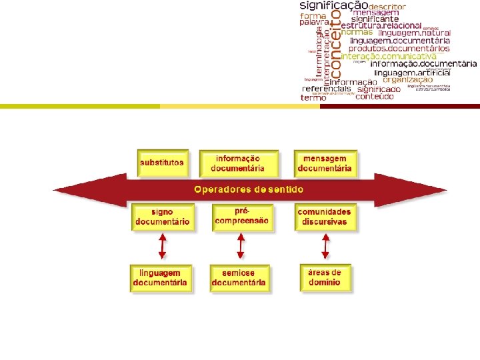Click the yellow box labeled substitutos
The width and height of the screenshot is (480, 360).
(x=162, y=163)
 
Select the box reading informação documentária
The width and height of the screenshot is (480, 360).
(x=238, y=163)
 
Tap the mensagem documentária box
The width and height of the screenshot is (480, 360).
(x=325, y=163)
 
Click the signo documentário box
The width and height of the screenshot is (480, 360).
(x=162, y=217)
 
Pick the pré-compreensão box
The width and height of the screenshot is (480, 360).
(x=242, y=216)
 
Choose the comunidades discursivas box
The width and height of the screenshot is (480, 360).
(x=325, y=217)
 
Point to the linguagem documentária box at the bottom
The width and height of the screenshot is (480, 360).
(x=160, y=279)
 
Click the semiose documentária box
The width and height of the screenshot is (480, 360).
(x=239, y=279)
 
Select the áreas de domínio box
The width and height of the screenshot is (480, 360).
(x=325, y=277)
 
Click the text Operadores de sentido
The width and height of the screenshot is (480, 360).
(x=249, y=189)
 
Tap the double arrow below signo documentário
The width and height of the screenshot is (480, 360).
(x=161, y=248)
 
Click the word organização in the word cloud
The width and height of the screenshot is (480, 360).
(x=408, y=80)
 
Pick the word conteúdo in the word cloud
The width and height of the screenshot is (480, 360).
(x=375, y=97)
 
